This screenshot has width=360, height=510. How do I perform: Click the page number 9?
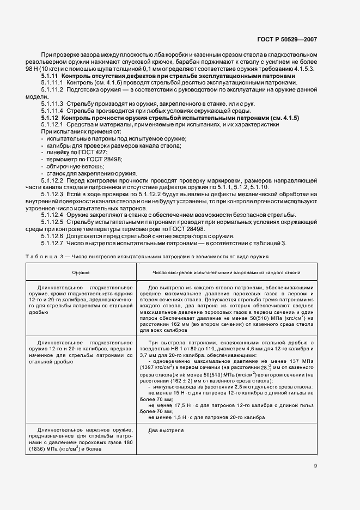[x=316, y=465]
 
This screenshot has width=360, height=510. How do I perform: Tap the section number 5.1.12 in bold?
[x=50, y=118]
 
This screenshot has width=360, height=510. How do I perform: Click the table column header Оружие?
[x=82, y=271]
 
